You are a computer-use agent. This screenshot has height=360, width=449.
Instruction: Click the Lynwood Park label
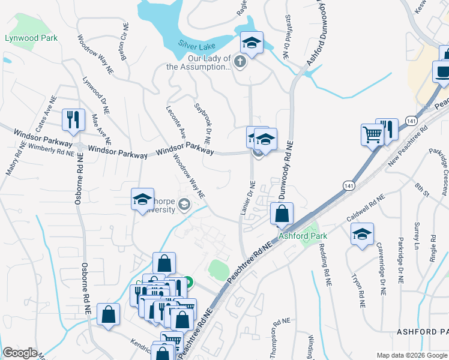[31, 38]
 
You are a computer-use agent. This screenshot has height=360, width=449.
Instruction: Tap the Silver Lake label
[196, 44]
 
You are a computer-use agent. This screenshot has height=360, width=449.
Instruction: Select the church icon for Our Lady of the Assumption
[240, 62]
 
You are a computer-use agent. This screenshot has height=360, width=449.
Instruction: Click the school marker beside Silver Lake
[252, 43]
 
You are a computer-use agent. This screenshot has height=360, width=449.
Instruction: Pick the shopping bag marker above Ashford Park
[282, 214]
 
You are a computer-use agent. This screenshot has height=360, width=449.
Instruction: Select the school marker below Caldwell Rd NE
[362, 235]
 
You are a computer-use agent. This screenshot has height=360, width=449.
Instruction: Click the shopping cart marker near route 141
[372, 134]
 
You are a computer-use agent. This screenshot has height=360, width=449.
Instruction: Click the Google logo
[20, 353]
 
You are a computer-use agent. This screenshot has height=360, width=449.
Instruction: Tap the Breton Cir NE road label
[124, 47]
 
